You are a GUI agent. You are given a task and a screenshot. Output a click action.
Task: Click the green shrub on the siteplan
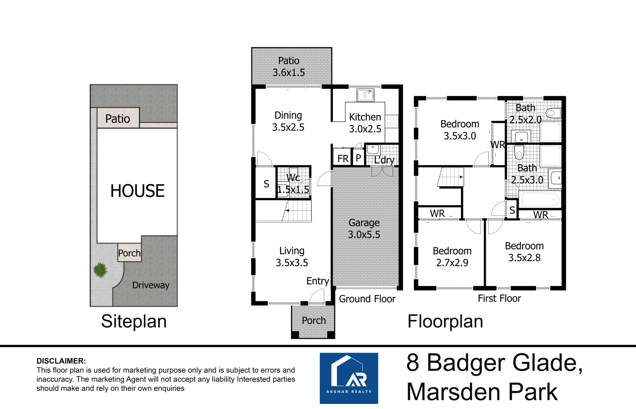(100, 270)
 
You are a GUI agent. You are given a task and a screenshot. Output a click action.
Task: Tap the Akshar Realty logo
(349, 378)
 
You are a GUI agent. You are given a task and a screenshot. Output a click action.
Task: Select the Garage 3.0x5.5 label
(364, 229)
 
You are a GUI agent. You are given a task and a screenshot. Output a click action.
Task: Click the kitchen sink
(365, 95)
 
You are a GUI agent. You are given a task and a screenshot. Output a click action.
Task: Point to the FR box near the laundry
(343, 158)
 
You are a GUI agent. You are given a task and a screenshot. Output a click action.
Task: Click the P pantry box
(359, 158)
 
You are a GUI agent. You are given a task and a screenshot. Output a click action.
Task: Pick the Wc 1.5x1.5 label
(293, 184)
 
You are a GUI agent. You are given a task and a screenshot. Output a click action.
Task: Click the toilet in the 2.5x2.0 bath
(553, 113)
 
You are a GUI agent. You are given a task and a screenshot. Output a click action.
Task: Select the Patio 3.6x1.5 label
(289, 67)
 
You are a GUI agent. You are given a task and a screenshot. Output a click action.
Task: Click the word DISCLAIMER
(61, 361)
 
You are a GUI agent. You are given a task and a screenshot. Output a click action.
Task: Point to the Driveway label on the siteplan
(151, 285)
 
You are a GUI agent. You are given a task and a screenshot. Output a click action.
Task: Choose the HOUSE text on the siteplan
(137, 191)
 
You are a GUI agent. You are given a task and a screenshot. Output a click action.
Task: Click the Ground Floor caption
(367, 299)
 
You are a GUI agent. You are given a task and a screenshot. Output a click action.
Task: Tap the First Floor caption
(499, 298)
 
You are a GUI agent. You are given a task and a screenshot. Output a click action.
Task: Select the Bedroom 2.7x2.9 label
(452, 257)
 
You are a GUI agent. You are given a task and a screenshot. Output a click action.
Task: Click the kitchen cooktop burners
(392, 122)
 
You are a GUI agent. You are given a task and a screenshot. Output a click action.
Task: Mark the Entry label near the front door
(318, 281)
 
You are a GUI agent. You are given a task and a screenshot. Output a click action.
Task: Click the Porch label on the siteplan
(129, 253)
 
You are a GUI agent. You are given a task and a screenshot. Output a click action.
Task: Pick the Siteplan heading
(134, 322)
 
